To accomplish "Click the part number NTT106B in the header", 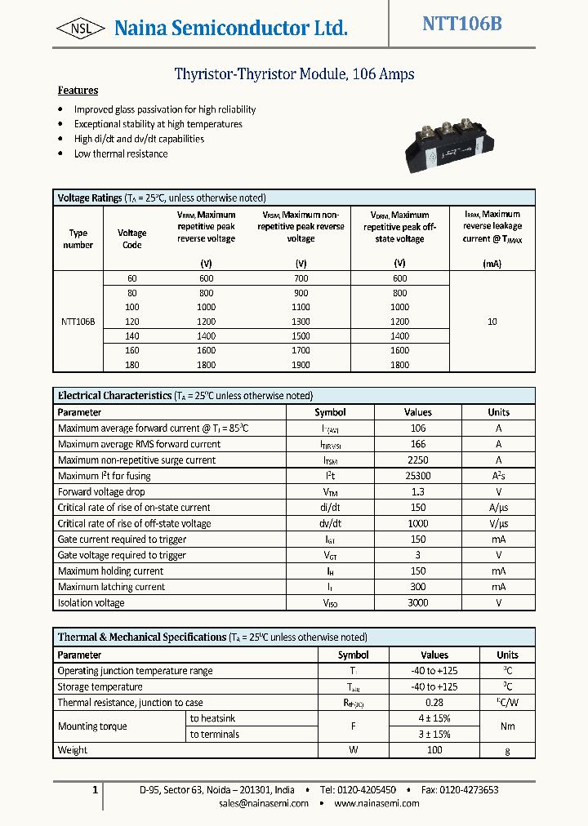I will click(461, 24).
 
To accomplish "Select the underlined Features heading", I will click(78, 91).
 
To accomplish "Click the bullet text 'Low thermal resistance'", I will click(121, 153).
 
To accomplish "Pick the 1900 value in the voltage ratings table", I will click(301, 365).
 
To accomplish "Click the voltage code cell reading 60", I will click(131, 278).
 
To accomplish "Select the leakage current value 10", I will click(492, 322).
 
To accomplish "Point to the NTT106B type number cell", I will click(78, 322).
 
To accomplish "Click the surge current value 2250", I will click(417, 460).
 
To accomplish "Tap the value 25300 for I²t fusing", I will click(417, 476).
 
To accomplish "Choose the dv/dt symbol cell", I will click(330, 524).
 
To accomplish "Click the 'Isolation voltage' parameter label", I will click(91, 603).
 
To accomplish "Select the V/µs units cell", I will click(498, 524).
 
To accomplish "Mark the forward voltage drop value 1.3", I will click(417, 492).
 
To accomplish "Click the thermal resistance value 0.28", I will click(434, 703).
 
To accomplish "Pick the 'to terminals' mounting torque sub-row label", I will click(214, 735).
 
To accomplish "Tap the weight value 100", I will click(434, 750).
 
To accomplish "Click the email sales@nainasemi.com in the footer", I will click(264, 803).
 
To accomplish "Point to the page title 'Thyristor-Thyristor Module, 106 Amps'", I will click(294, 74).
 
